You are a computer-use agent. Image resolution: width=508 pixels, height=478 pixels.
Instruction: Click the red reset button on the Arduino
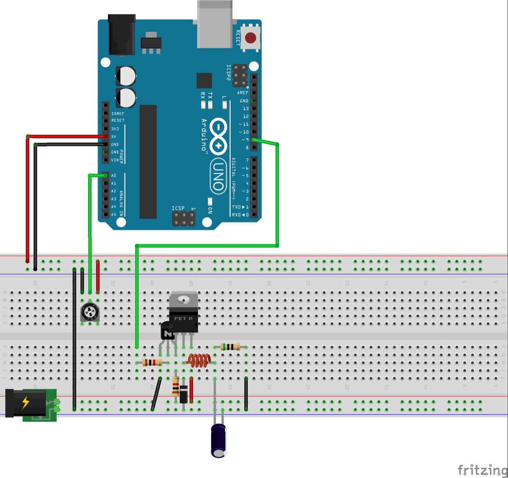250,38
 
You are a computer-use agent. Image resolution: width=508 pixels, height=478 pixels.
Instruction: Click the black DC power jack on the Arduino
122,35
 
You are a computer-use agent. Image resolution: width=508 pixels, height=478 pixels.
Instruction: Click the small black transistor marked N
167,331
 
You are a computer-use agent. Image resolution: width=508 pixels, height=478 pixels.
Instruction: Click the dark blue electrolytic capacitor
219,440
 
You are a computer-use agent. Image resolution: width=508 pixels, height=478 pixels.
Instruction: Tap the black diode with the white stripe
183,394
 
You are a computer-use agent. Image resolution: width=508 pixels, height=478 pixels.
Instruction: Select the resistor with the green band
230,347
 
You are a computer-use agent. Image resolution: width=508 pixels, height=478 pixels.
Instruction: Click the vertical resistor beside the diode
176,386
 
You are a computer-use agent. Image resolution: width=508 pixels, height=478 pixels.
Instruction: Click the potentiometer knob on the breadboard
90,312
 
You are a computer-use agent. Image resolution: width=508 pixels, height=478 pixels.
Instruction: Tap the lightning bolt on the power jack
26,403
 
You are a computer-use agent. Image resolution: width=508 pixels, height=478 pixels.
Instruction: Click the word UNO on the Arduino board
218,177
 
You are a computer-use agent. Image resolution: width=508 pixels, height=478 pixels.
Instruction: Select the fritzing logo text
482,470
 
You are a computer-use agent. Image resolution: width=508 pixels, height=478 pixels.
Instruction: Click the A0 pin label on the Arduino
114,175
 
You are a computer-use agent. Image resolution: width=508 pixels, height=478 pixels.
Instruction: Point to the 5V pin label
114,137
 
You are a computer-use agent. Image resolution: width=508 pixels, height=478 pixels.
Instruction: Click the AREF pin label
242,93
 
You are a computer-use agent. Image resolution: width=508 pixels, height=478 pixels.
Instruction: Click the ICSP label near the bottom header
178,208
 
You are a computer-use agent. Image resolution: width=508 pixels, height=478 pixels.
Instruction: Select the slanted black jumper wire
157,394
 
